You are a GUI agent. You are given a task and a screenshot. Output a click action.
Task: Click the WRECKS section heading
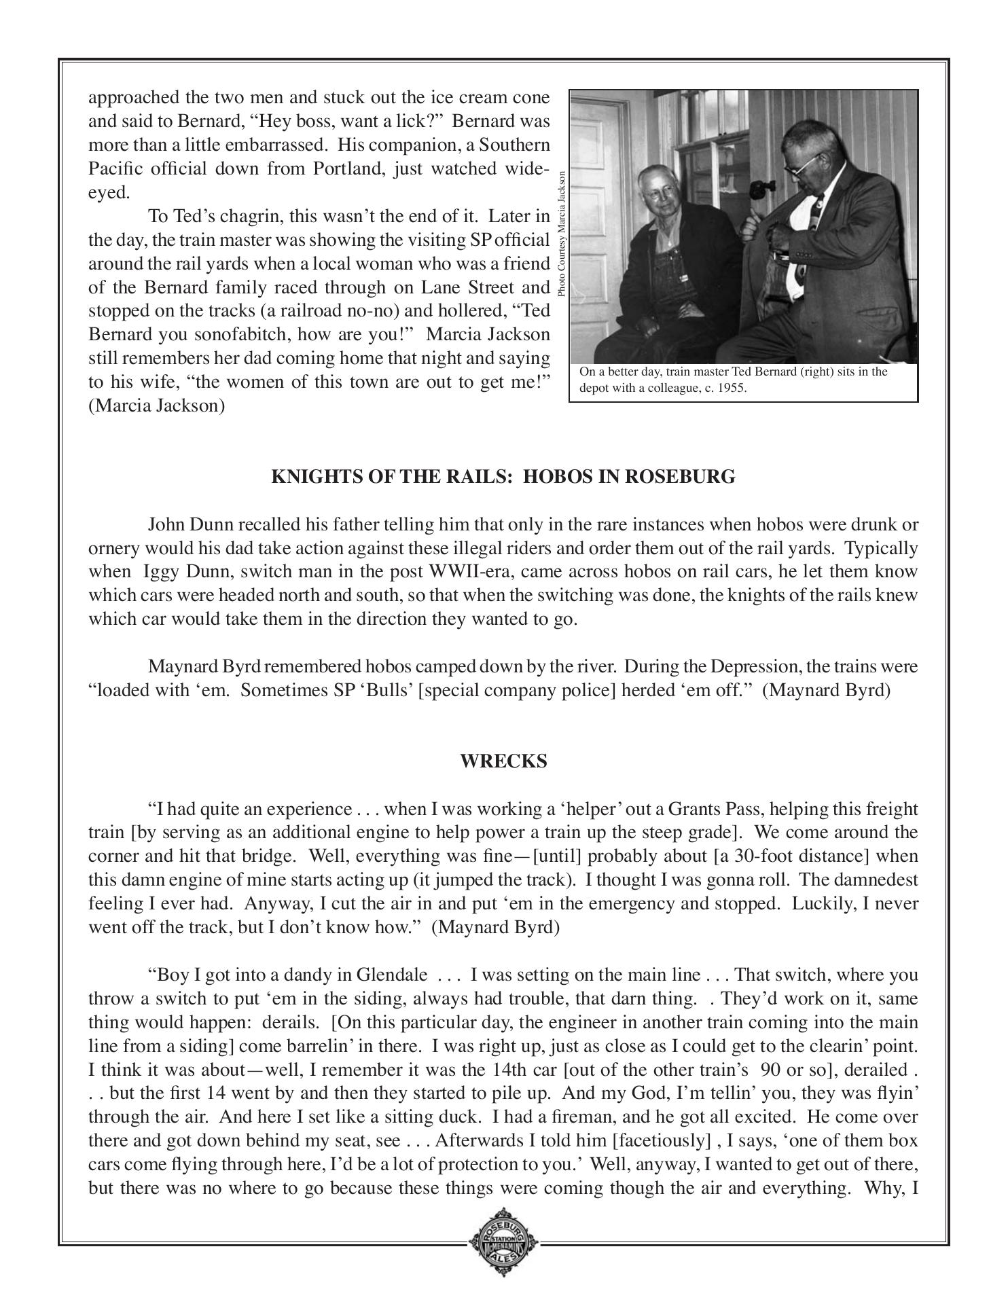tap(503, 761)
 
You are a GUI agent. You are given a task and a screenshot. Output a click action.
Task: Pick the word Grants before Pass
tap(694, 809)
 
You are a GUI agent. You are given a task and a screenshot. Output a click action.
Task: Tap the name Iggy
tap(160, 572)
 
